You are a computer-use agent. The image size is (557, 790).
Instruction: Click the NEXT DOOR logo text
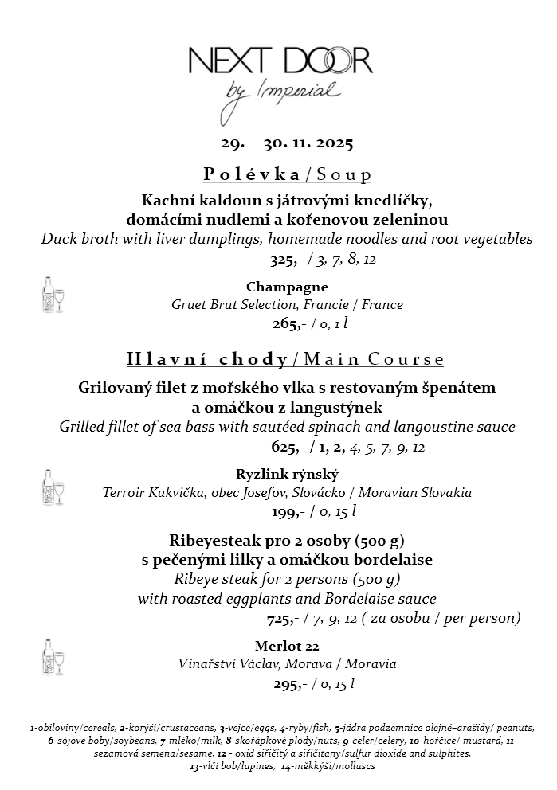point(280,61)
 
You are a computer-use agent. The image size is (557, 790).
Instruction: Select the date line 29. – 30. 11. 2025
point(287,144)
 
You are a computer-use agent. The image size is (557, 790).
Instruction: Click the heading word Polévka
point(252,174)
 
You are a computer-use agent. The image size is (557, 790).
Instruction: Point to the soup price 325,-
point(284,260)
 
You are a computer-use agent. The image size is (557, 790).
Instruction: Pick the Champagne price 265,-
point(286,323)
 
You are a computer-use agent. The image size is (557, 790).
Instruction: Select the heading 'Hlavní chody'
point(207,359)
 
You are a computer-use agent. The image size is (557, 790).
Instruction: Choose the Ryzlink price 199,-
point(286,510)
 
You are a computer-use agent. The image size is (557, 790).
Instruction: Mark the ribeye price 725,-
point(283,618)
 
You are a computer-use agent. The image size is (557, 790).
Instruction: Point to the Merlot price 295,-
point(286,683)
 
